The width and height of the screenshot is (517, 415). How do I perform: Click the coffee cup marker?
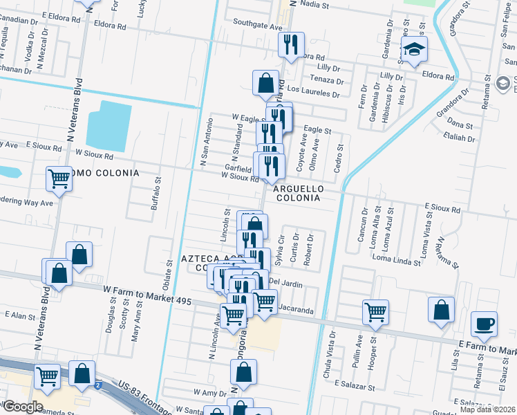pyautogui.click(x=485, y=324)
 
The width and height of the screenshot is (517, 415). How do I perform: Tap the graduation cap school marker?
pyautogui.click(x=415, y=50)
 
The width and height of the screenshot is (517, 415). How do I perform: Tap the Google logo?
pyautogui.click(x=22, y=406)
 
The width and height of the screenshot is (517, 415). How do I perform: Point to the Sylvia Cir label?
pyautogui.click(x=280, y=250)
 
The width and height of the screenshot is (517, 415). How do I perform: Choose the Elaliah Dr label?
pyautogui.click(x=458, y=137)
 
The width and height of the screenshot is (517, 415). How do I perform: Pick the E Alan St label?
pyautogui.click(x=19, y=315)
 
